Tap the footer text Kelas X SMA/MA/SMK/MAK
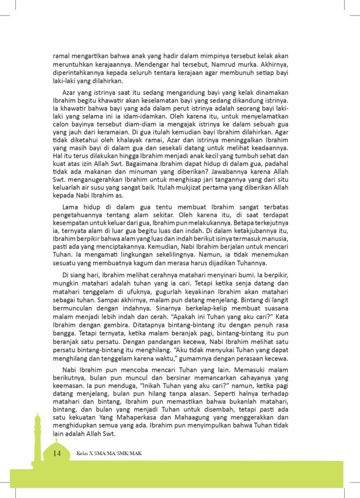click(109, 454)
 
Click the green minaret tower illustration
click(36, 438)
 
